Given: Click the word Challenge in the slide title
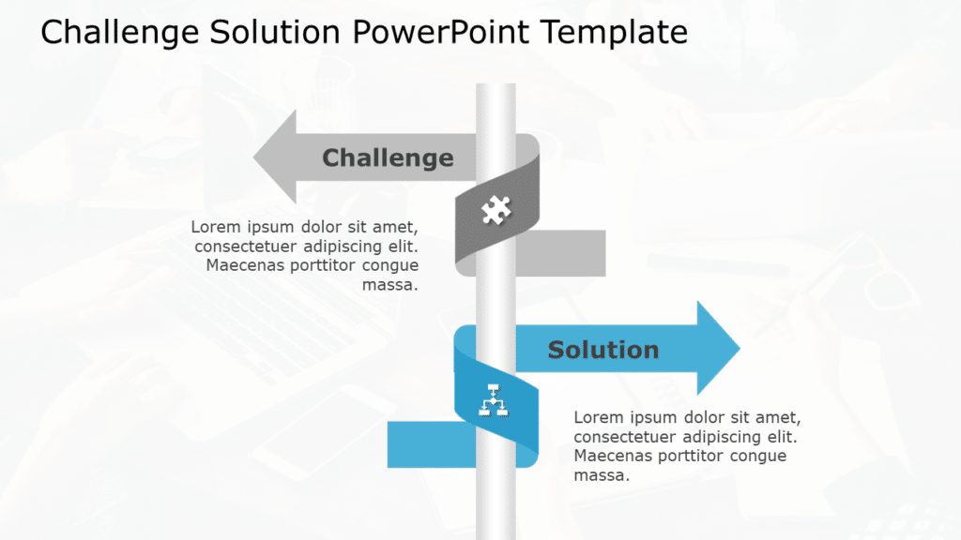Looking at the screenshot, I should pyautogui.click(x=120, y=32).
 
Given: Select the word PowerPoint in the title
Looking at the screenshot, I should pyautogui.click(x=441, y=32).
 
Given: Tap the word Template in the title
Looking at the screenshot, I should pyautogui.click(x=614, y=32).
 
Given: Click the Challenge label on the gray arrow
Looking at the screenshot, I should pyautogui.click(x=387, y=157).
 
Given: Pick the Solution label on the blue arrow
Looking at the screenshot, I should pyautogui.click(x=603, y=350).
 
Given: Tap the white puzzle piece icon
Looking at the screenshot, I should pyautogui.click(x=496, y=210).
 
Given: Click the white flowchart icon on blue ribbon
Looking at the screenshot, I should pyautogui.click(x=494, y=400).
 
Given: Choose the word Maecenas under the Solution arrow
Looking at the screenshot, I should pyautogui.click(x=613, y=457).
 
